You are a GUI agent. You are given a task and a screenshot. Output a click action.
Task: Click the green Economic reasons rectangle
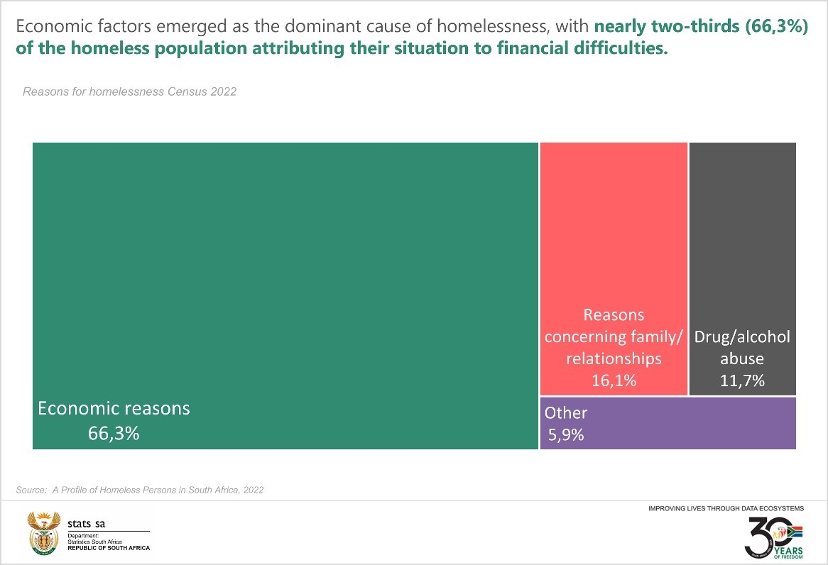pyautogui.click(x=284, y=270)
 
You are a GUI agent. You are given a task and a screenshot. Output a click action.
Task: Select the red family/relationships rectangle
pyautogui.click(x=614, y=227)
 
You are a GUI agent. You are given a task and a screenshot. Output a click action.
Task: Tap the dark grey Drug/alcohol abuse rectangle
pyautogui.click(x=742, y=227)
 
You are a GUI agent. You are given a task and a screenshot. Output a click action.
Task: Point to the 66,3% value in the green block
pyautogui.click(x=114, y=433)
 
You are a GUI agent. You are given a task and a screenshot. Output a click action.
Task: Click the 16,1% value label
pyautogui.click(x=614, y=380)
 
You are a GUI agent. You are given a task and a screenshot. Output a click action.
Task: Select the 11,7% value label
pyautogui.click(x=742, y=380)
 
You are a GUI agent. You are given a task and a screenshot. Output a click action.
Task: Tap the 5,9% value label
pyautogui.click(x=565, y=434)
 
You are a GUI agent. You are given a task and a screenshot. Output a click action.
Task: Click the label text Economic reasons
pyautogui.click(x=114, y=409)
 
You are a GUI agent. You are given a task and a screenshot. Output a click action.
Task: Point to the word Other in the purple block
pyautogui.click(x=566, y=412)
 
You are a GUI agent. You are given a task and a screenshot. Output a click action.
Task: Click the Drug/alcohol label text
pyautogui.click(x=742, y=337)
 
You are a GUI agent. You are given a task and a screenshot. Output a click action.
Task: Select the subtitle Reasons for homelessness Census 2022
pyautogui.click(x=129, y=92)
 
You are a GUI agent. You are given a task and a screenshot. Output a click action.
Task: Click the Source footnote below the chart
pyautogui.click(x=140, y=490)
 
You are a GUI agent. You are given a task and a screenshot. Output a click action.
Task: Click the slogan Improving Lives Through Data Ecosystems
pyautogui.click(x=726, y=509)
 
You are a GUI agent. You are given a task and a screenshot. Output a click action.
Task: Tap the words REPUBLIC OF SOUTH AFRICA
pyautogui.click(x=109, y=548)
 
